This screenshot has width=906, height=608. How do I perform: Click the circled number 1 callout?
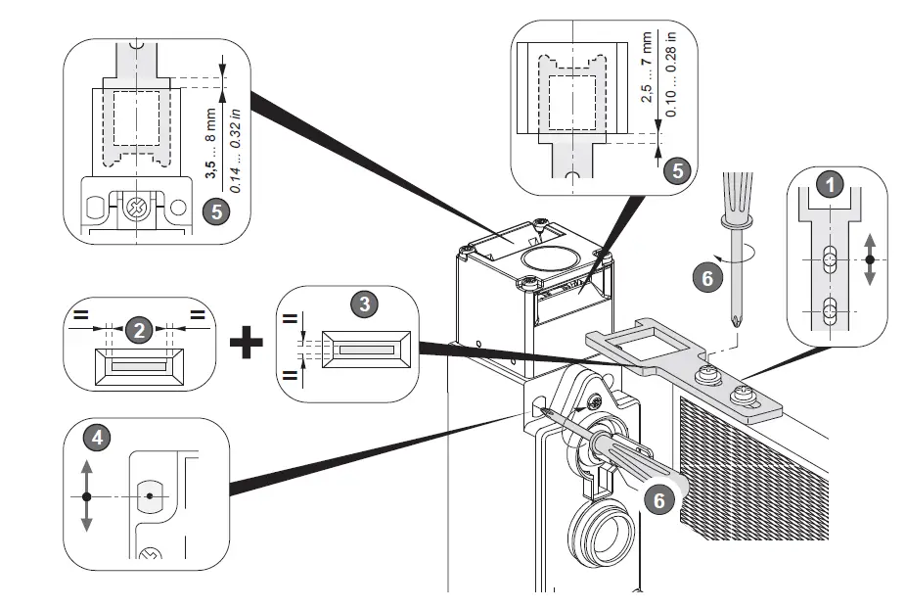[x=830, y=184]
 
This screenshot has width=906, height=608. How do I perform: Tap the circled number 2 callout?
[x=139, y=330]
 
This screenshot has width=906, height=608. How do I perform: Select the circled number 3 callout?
[x=365, y=303]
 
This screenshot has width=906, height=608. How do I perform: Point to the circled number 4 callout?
[x=95, y=440]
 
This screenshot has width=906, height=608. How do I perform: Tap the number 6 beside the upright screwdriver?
[x=702, y=277]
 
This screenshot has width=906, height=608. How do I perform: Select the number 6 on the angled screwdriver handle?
[x=659, y=499]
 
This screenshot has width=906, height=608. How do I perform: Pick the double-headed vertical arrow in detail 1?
[x=870, y=260]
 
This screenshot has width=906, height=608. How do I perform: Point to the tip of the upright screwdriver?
[x=734, y=320]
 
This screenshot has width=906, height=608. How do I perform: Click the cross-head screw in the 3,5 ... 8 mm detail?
[x=134, y=208]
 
